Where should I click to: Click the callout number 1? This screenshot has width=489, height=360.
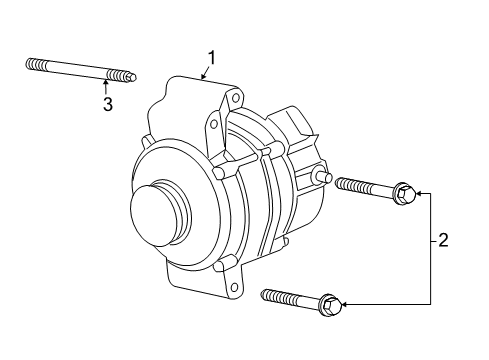pyautogui.click(x=211, y=58)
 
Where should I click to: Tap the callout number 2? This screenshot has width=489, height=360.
pyautogui.click(x=443, y=240)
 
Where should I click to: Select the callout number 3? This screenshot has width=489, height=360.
pyautogui.click(x=107, y=104)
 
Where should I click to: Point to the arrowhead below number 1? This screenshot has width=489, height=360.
pyautogui.click(x=203, y=76)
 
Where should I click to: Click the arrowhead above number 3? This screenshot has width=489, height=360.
pyautogui.click(x=106, y=81)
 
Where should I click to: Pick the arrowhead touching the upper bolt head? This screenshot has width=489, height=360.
pyautogui.click(x=418, y=193)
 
